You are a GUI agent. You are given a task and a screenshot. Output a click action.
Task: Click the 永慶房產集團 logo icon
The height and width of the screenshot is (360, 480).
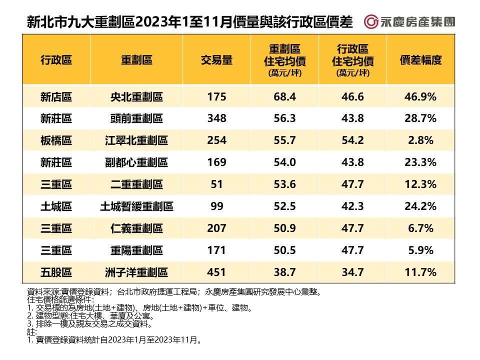click(371, 22)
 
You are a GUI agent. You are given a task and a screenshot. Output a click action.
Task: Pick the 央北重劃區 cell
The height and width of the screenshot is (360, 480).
click(136, 97)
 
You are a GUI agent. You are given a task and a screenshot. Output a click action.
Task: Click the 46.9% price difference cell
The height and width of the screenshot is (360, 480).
click(420, 97)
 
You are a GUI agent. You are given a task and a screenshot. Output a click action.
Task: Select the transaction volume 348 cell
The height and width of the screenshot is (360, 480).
click(216, 118)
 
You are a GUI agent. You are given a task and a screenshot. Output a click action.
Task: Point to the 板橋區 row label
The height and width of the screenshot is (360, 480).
click(56, 140)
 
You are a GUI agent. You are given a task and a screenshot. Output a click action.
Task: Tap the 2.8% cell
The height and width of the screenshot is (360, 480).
click(420, 140)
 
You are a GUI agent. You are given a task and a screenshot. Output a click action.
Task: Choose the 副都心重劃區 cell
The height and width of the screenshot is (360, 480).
click(136, 162)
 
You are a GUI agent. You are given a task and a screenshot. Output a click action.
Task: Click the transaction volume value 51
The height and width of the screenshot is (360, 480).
click(216, 184)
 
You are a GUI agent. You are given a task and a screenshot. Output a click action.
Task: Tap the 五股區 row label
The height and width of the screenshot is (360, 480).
click(56, 272)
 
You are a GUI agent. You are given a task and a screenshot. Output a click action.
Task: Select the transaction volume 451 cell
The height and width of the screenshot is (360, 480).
click(216, 272)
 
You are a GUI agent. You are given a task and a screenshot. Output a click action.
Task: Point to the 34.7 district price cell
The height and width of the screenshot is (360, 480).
click(352, 272)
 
